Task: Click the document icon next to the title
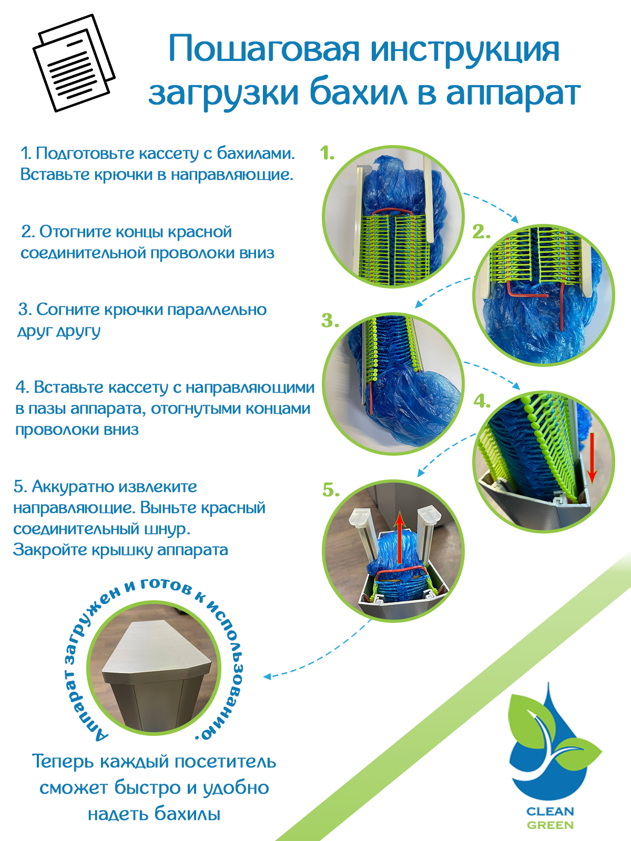pos(74,63)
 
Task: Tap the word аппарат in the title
pos(513,95)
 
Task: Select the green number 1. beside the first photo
pos(328,153)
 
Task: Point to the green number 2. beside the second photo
pos(481,232)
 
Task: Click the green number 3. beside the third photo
pos(330,321)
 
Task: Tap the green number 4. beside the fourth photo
pos(482,401)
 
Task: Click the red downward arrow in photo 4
pos(592,457)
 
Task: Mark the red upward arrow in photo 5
pos(400,537)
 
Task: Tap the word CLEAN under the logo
pos(550,811)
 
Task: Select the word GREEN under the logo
pos(550,825)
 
